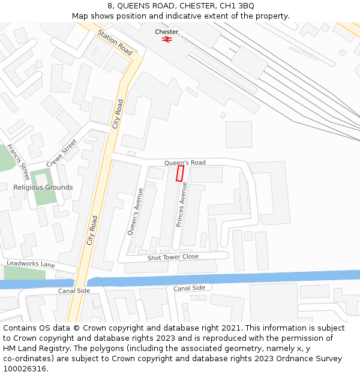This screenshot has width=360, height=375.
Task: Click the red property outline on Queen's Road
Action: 179,173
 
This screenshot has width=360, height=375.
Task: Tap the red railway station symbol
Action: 166,39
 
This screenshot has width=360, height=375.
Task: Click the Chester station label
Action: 166,32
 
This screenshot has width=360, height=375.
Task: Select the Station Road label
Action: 115,43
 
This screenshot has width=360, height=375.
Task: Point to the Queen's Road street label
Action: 185,163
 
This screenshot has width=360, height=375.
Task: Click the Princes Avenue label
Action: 181,204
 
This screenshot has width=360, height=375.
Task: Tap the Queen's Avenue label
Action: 136,211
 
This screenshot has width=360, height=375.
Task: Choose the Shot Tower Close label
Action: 173,257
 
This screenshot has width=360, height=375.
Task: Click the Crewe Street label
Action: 62,152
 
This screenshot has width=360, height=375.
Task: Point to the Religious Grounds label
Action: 43,187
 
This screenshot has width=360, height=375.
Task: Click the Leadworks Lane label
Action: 31,265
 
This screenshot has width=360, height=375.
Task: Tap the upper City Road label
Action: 118,114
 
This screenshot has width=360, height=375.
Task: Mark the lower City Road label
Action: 92,230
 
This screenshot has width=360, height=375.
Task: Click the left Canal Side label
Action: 74,291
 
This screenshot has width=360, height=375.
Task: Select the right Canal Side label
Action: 189,288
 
